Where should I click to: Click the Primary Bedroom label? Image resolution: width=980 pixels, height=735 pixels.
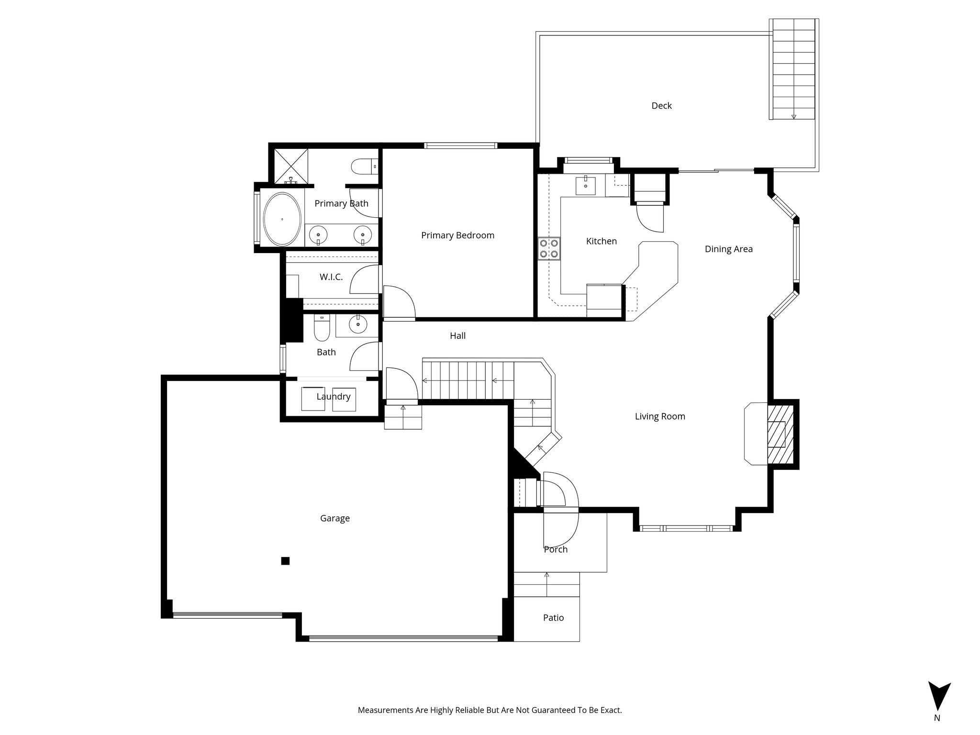[457, 235]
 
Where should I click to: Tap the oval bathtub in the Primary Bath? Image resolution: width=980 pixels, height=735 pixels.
[282, 219]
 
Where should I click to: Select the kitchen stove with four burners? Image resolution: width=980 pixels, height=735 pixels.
[549, 249]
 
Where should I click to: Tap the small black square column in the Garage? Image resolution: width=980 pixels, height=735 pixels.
[285, 561]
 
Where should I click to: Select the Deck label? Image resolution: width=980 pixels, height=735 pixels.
[661, 106]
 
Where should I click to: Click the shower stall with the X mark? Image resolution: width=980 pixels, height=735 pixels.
[290, 166]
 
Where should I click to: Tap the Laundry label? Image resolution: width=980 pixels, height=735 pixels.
[334, 397]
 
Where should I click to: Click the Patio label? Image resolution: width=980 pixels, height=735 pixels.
[553, 618]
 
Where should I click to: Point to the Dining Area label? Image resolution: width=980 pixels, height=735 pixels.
[728, 249]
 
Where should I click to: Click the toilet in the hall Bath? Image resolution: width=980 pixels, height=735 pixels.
[322, 328]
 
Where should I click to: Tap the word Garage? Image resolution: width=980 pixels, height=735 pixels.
[335, 518]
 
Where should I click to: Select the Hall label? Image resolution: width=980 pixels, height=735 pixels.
[457, 336]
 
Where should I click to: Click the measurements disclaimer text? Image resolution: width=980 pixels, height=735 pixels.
[490, 711]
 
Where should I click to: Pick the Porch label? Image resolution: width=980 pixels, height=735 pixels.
[556, 549]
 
